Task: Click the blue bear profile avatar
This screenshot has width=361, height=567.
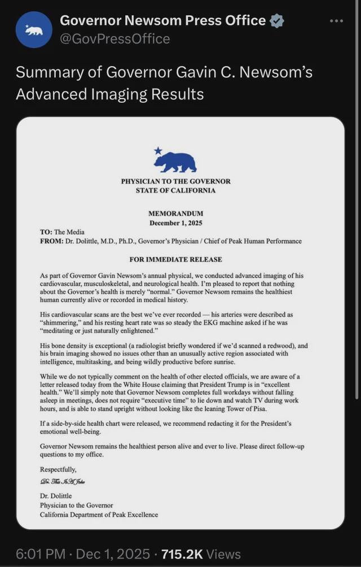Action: coord(34,30)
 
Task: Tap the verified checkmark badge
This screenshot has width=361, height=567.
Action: coord(276,21)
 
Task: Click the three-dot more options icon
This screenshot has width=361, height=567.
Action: coord(336,21)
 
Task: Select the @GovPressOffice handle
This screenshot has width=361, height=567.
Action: coord(115,38)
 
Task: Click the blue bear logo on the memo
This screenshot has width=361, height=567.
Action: coord(175,162)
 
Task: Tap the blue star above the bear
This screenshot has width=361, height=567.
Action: coord(158,151)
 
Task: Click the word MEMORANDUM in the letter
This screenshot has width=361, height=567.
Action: coord(175,214)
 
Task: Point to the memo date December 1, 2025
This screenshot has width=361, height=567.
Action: coord(175,223)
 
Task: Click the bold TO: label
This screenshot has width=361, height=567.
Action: coord(46,232)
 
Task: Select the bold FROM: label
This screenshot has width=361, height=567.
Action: coord(51,241)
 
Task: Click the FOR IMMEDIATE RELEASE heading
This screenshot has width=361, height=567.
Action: coord(175,260)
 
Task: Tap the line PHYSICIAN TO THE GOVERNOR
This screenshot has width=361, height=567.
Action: coord(175,182)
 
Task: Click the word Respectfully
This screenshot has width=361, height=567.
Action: coord(58,469)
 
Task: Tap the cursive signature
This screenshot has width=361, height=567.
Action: coord(63,481)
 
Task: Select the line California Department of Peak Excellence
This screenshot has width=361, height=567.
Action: coord(99,514)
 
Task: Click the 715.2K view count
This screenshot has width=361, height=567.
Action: coord(182,554)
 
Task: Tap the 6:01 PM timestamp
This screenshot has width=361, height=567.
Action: coord(41,554)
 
